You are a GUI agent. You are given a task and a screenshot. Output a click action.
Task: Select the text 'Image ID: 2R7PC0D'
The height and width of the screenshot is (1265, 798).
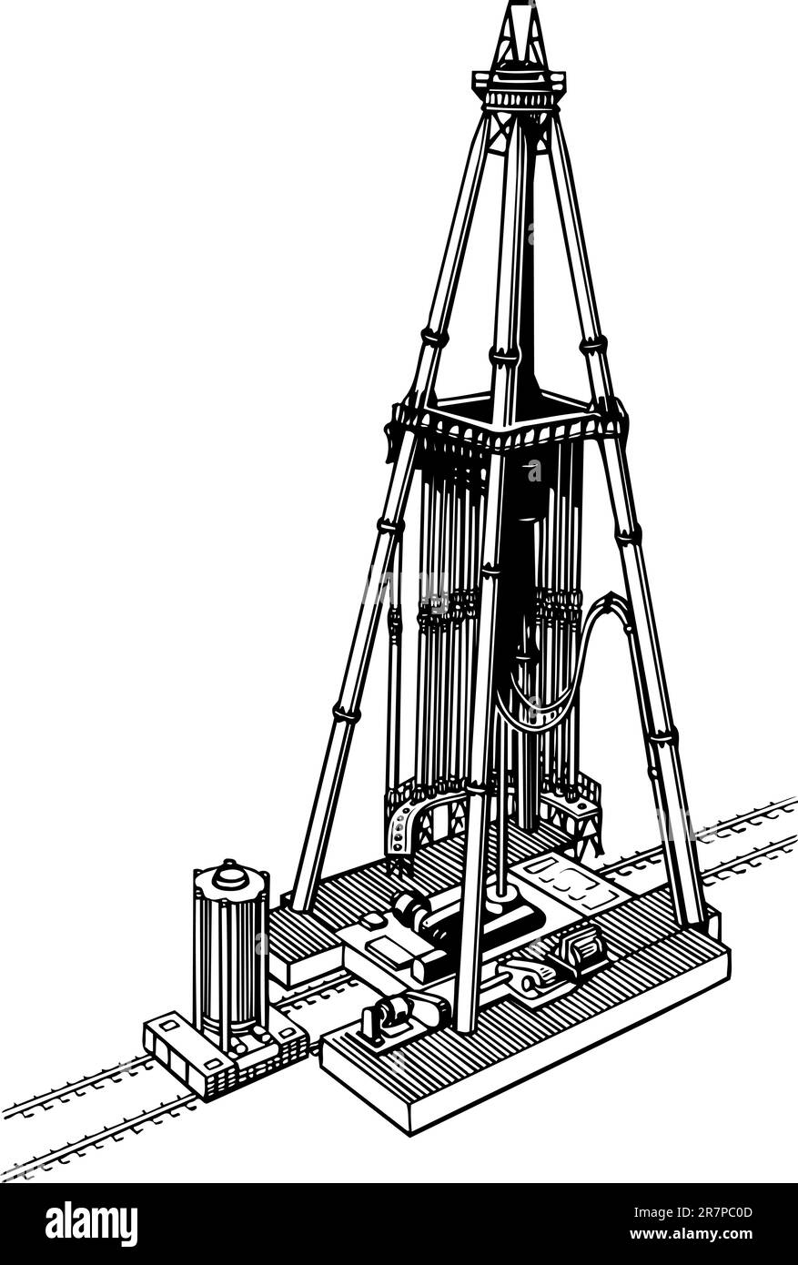[x=693, y=1212]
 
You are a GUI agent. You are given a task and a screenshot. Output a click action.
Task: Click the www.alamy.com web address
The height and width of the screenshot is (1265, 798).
[x=692, y=1233]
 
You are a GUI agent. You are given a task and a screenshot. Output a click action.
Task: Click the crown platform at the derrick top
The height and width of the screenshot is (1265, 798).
[x=519, y=85]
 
